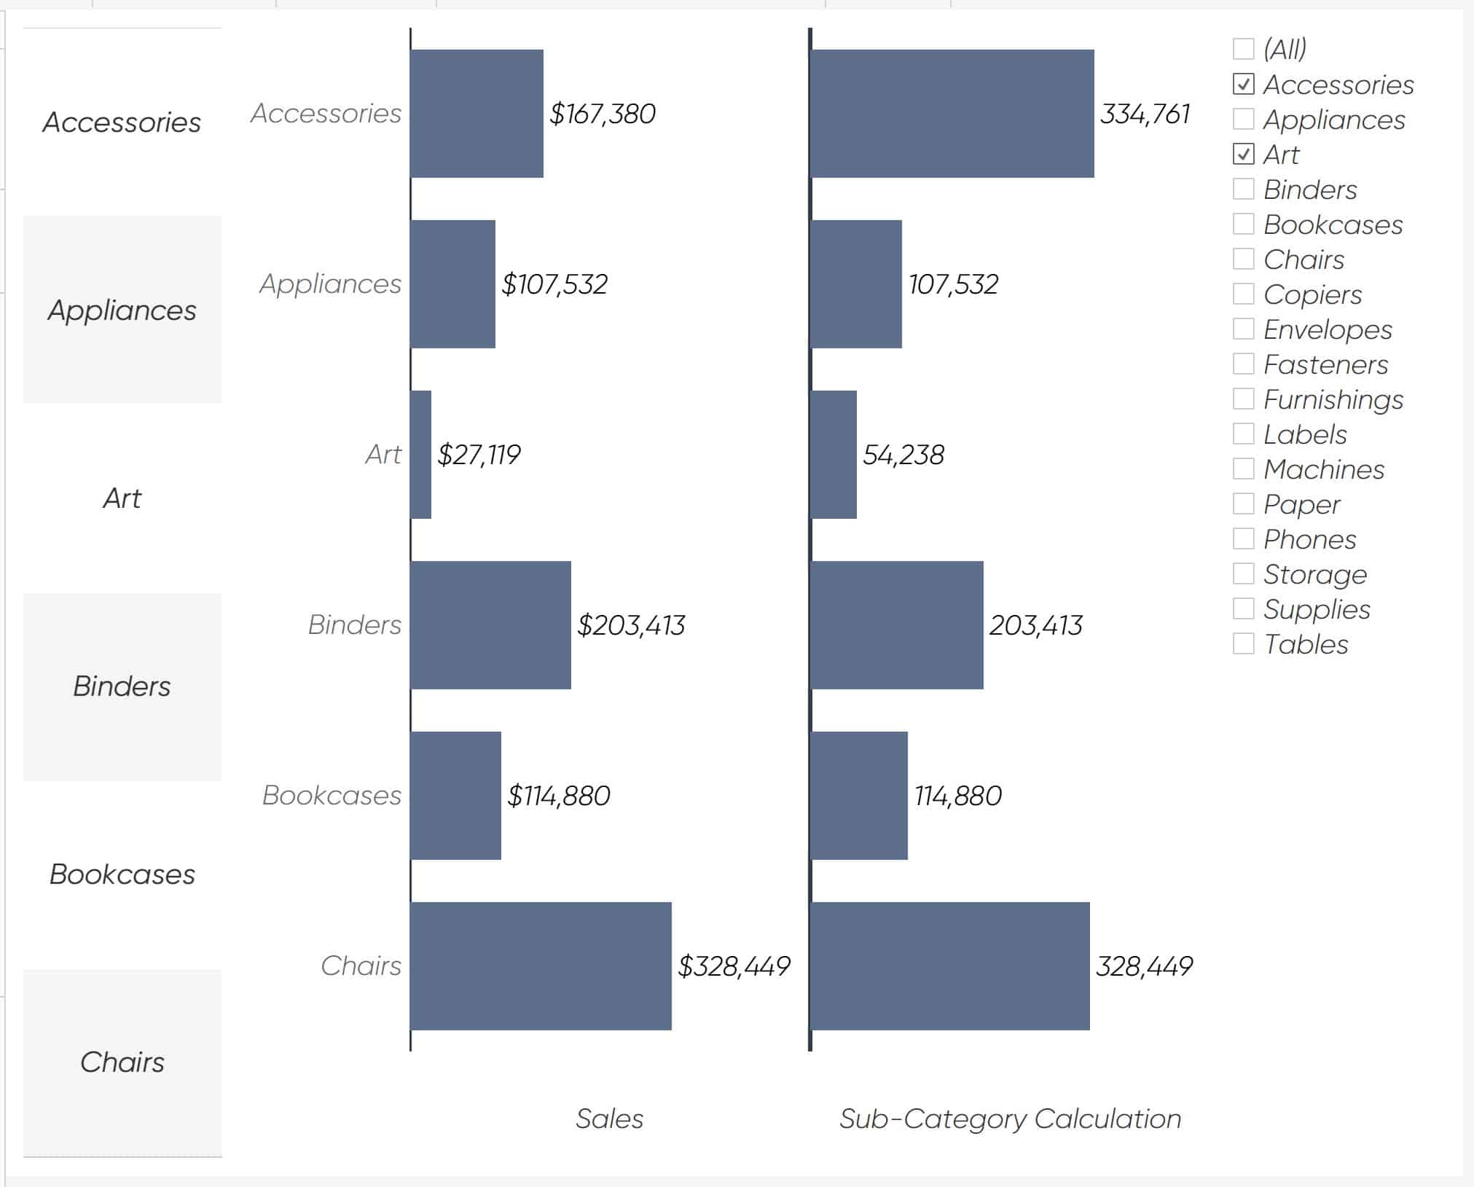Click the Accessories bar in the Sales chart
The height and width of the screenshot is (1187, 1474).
click(477, 114)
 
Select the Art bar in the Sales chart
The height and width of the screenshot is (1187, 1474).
click(421, 455)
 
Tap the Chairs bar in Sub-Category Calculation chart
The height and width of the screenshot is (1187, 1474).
click(950, 966)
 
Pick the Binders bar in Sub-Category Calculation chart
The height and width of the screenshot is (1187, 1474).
click(897, 625)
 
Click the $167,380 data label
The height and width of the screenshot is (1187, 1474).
click(603, 114)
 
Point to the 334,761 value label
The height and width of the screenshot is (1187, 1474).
click(1145, 114)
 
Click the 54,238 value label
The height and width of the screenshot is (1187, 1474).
click(903, 455)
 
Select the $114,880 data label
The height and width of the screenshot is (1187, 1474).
click(559, 796)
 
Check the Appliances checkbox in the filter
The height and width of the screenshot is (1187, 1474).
click(1243, 120)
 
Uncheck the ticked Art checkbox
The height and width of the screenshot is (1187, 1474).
click(1243, 154)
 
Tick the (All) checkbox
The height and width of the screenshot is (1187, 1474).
click(1243, 50)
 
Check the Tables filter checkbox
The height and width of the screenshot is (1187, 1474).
click(1243, 644)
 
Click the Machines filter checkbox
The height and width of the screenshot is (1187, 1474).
click(1243, 469)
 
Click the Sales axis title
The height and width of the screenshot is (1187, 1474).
click(609, 1119)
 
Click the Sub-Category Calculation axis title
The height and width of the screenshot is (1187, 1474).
click(1010, 1119)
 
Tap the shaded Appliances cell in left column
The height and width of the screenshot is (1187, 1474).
click(122, 310)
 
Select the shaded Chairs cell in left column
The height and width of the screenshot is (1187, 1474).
click(122, 1062)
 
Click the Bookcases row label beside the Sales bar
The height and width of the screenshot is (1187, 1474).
click(332, 796)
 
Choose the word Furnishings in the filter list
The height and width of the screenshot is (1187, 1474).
click(1333, 399)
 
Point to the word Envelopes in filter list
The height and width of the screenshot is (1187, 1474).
click(1327, 329)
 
